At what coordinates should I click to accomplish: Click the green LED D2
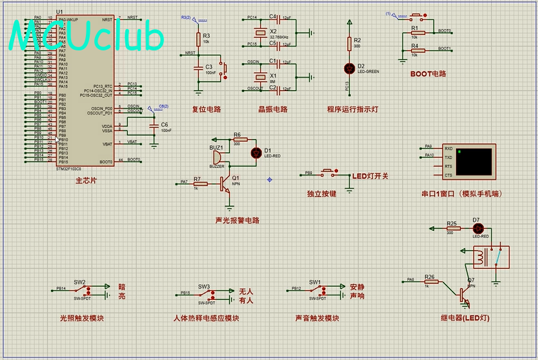coord(349,67)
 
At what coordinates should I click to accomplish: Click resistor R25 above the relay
coord(452,228)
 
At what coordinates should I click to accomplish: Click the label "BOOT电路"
coord(428,74)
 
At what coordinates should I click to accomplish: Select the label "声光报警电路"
coord(237,220)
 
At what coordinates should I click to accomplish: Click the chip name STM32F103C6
coord(68,169)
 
